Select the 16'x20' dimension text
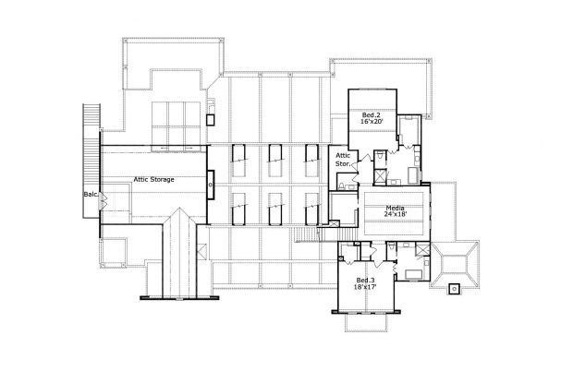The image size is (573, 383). coord(372,120)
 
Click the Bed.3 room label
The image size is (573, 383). coord(365,280)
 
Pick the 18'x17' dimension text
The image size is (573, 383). coord(365,288)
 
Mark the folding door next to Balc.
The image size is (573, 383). coord(104,197)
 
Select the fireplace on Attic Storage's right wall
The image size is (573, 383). coord(211,185)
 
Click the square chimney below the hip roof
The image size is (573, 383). coord(453,289)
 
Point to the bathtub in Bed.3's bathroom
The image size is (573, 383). coord(412,271)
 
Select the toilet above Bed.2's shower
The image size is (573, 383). coord(379,158)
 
